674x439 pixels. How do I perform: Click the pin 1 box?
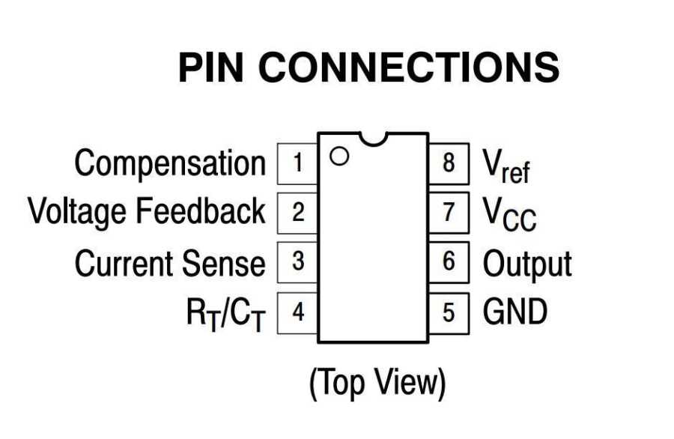pos(298,163)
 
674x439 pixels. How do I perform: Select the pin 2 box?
pos(298,213)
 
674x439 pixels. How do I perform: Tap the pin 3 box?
pos(298,262)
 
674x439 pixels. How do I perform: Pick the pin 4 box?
pos(298,312)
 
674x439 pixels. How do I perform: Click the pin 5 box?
pos(449,312)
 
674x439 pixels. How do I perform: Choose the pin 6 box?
pos(449,262)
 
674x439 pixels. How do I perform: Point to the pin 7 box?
pos(449,213)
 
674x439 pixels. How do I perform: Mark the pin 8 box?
pos(449,163)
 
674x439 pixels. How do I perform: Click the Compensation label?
pos(170,164)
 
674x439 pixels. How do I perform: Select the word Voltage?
pos(77,213)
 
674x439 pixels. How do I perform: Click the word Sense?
pos(223,263)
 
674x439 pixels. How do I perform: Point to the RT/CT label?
pos(225,314)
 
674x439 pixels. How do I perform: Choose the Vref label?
pos(506,166)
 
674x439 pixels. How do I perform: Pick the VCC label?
pos(508,215)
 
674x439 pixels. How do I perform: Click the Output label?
pos(526,264)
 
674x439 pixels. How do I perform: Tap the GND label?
pos(514,312)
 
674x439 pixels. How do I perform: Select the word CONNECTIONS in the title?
pos(413,68)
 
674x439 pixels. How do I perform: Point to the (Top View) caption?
pos(377,383)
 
